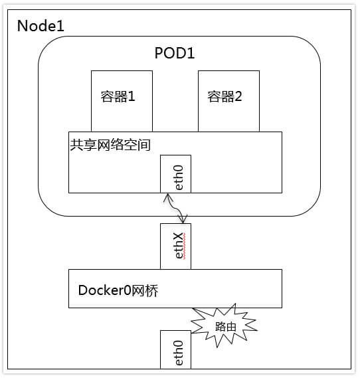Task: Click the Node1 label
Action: tap(41, 26)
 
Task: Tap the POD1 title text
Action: tap(175, 52)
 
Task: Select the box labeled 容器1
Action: tap(122, 101)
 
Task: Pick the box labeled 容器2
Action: tap(228, 101)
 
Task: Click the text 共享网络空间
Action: tap(110, 145)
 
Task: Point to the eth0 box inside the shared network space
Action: tap(175, 174)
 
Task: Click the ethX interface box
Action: tap(175, 246)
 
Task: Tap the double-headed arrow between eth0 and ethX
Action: tap(175, 209)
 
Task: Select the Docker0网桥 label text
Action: tap(118, 290)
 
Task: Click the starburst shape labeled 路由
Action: tap(225, 326)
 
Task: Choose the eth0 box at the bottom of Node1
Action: tap(175, 349)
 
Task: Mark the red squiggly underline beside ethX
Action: tap(185, 246)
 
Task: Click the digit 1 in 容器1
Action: tap(132, 96)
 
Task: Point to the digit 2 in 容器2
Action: tap(238, 96)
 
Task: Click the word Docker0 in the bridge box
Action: tap(104, 290)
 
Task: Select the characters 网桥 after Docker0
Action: tap(145, 290)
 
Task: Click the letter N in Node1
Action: tap(22, 26)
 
